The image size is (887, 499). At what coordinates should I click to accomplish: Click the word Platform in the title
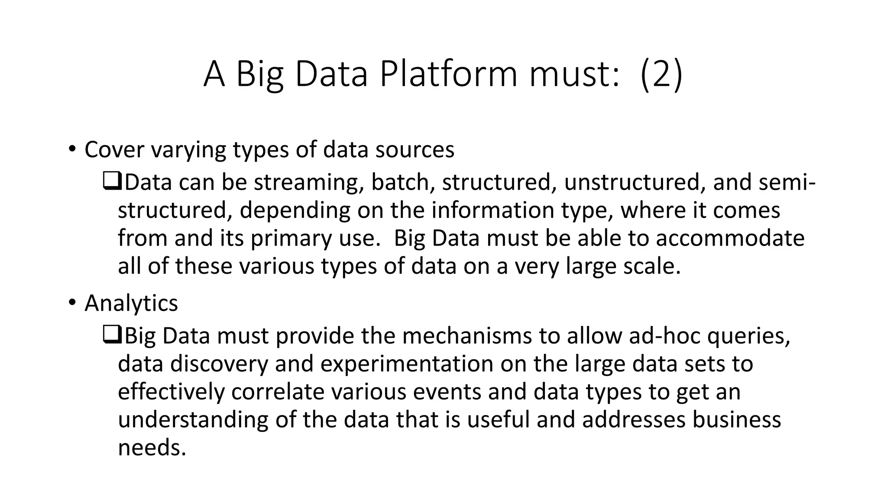pyautogui.click(x=448, y=74)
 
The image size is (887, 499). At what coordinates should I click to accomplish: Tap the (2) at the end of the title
pyautogui.click(x=661, y=74)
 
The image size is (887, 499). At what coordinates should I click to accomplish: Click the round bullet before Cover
pyautogui.click(x=72, y=149)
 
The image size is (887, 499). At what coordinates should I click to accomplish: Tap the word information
pyautogui.click(x=492, y=210)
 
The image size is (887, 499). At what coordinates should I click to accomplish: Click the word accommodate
pyautogui.click(x=730, y=238)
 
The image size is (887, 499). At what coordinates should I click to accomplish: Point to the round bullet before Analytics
pyautogui.click(x=72, y=302)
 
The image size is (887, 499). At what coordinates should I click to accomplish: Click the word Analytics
pyautogui.click(x=131, y=303)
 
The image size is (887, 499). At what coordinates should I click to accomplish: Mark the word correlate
pyautogui.click(x=278, y=392)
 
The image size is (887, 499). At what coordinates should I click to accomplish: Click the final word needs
pyautogui.click(x=152, y=447)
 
